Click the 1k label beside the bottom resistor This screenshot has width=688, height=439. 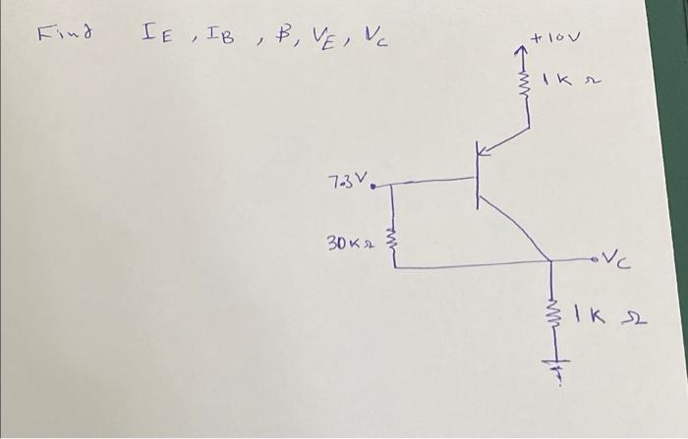(x=607, y=317)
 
